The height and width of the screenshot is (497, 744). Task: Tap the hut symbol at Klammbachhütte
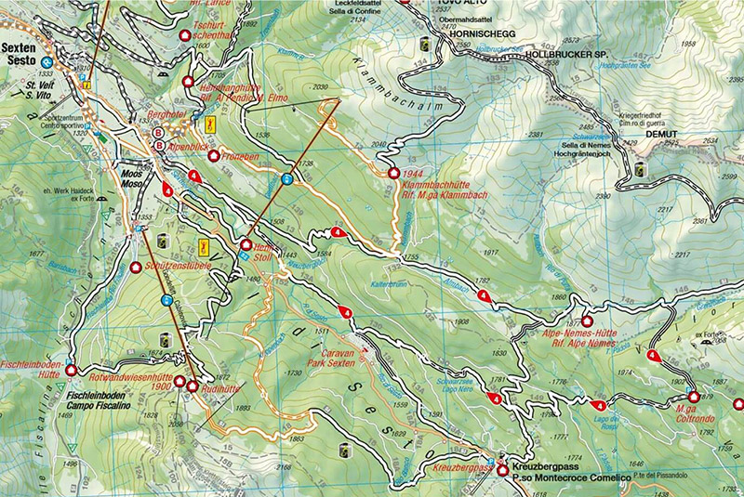pos(394,174)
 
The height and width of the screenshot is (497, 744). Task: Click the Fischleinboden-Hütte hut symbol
pos(71,371)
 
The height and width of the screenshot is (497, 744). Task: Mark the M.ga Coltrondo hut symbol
pos(694,397)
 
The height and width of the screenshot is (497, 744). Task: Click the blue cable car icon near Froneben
pos(287,178)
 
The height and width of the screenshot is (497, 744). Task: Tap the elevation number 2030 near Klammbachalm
pos(322,86)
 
